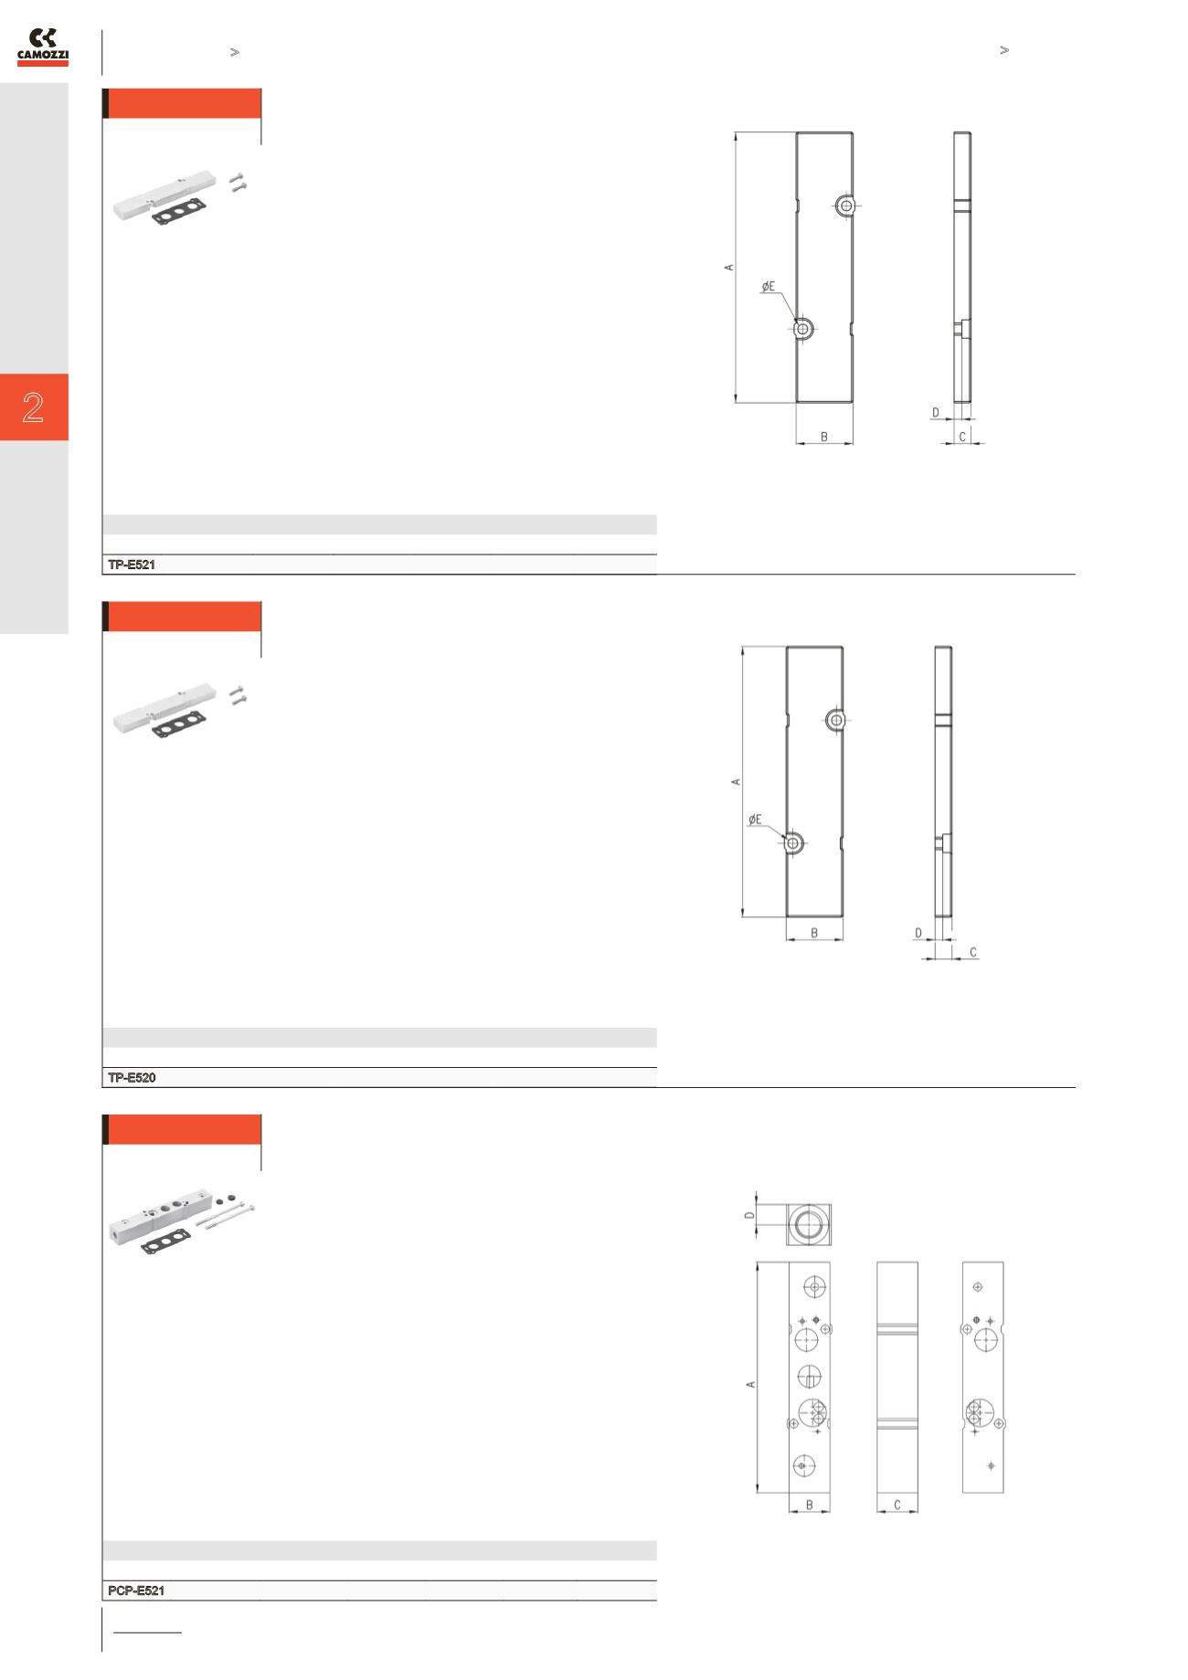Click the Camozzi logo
point(43,48)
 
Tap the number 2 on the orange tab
point(33,407)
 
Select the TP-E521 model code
point(132,565)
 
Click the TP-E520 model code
point(132,1078)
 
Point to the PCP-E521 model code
point(136,1590)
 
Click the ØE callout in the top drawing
point(769,287)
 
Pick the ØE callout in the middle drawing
point(755,819)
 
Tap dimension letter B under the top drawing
point(824,438)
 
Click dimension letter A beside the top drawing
point(729,267)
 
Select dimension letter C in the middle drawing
point(973,952)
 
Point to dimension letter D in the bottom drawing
point(748,1215)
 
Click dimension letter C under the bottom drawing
point(897,1505)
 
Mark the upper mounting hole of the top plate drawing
point(847,206)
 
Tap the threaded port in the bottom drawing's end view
point(809,1223)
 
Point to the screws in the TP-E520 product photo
point(239,695)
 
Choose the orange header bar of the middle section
point(182,617)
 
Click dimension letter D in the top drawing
point(935,413)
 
